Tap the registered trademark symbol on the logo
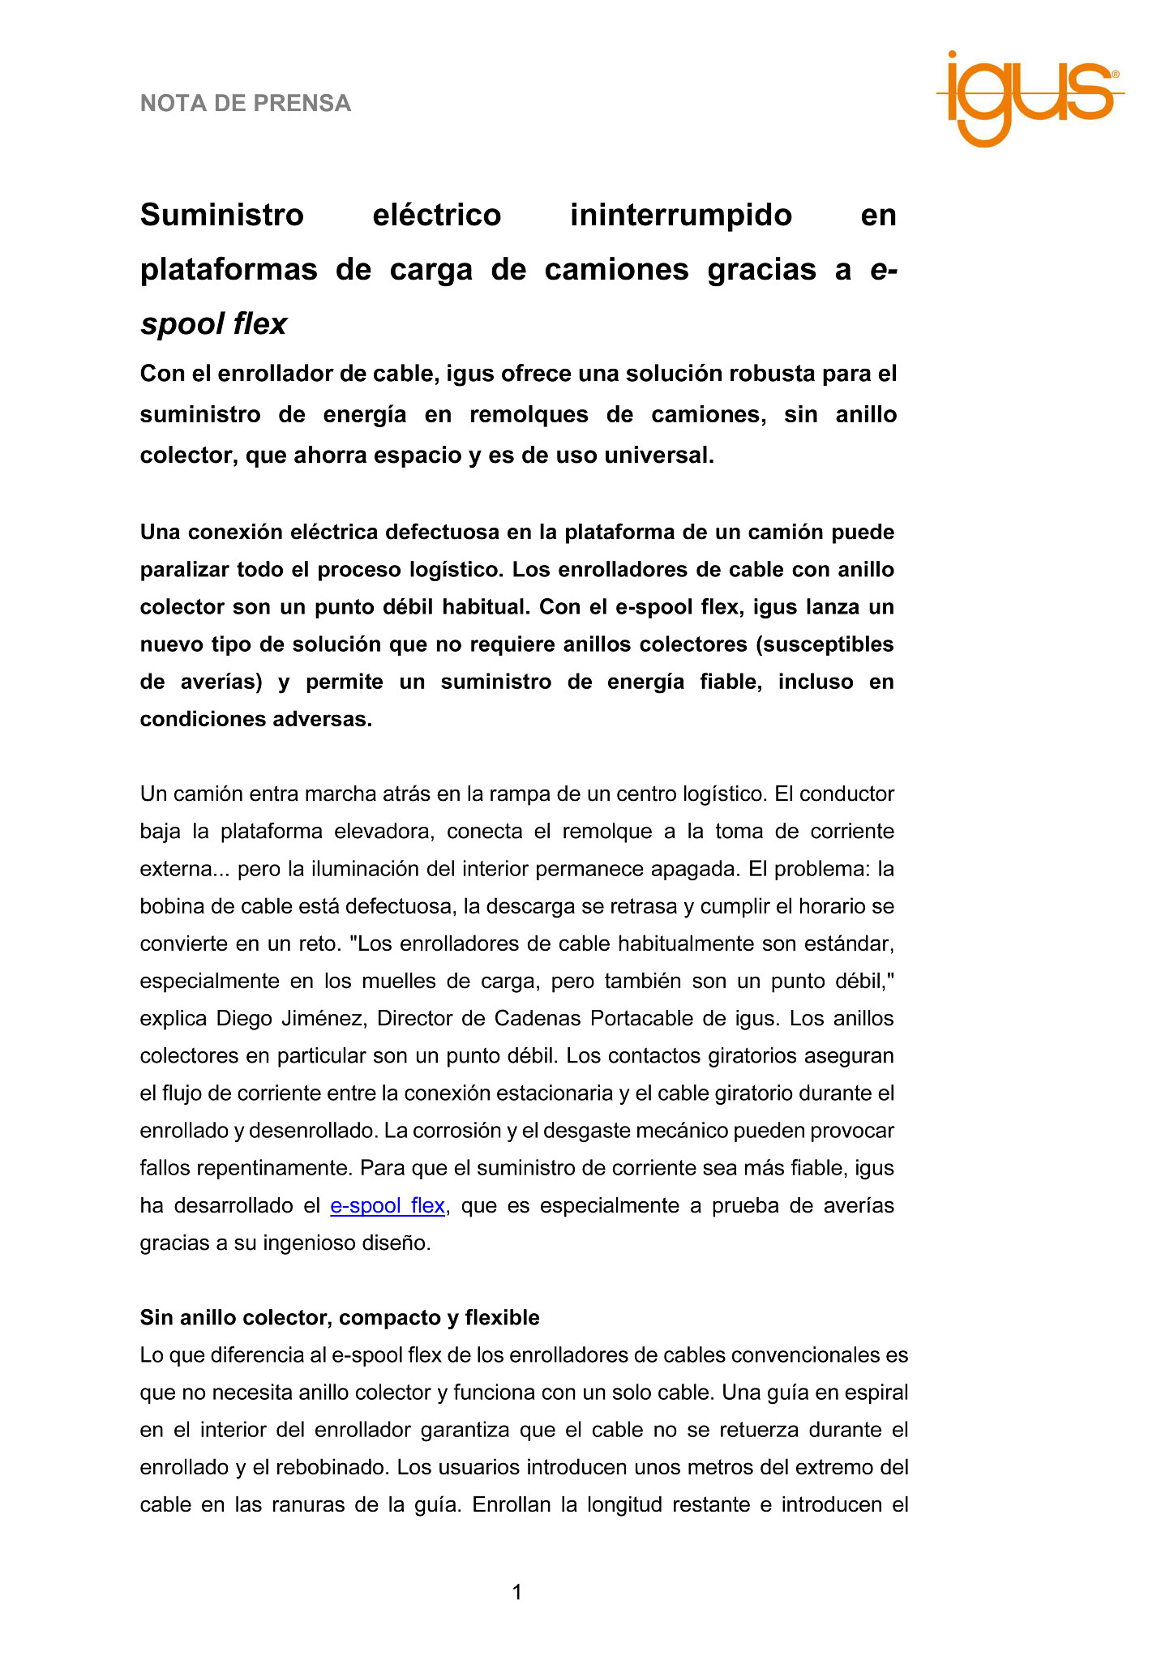click(x=1116, y=75)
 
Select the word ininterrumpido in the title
click(x=681, y=216)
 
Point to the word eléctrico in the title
click(x=436, y=216)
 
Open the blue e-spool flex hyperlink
click(x=388, y=1206)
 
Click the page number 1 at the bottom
click(x=517, y=1593)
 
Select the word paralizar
click(x=183, y=570)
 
